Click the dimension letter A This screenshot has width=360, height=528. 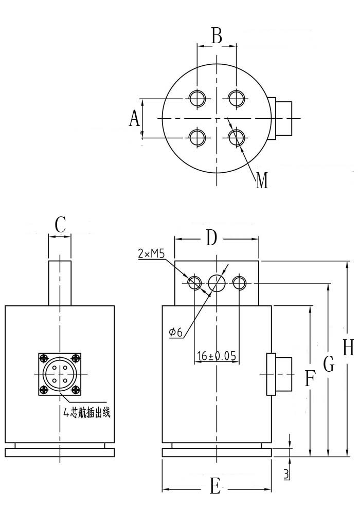coord(134,119)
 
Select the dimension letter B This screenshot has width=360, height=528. coord(217,37)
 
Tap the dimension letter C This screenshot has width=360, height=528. coord(60,225)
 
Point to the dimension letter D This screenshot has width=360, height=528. coord(211,238)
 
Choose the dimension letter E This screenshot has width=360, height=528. coord(215,486)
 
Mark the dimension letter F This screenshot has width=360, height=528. coord(309,379)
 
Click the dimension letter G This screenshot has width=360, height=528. coord(329,365)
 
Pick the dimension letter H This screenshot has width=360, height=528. coord(348,348)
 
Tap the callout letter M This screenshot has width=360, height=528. coord(262,181)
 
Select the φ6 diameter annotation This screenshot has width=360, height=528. coord(176,333)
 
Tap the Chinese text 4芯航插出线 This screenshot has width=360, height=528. coord(87,412)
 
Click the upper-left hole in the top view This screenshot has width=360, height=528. coord(197,98)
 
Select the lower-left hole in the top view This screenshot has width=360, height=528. coord(197,137)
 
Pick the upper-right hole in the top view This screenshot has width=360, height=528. coord(236,98)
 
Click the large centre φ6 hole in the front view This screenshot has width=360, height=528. coord(217,283)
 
